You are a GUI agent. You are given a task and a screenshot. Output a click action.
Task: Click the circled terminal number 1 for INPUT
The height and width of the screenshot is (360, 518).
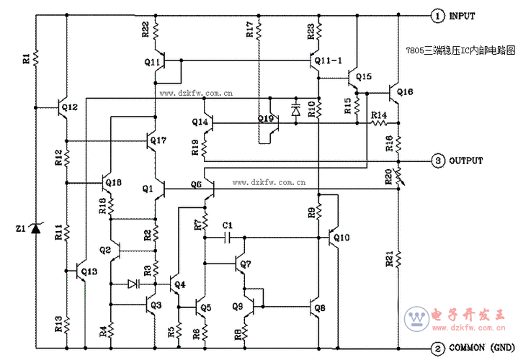pos(437,14)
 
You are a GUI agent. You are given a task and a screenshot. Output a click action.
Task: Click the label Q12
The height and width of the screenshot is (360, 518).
pos(70,106)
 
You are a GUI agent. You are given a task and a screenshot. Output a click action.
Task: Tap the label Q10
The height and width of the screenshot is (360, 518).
pos(341,238)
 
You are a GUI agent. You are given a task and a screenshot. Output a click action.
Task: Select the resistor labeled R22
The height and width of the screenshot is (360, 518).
pos(155,30)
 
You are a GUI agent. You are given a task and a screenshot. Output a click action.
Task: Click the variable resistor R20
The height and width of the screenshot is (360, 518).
pos(398,177)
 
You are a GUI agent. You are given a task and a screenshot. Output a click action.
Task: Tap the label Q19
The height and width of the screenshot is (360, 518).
pos(266,118)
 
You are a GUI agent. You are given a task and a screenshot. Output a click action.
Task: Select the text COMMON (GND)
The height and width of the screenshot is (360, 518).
pos(479,348)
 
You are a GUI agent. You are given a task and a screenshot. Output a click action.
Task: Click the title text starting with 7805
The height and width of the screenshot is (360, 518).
pos(461,51)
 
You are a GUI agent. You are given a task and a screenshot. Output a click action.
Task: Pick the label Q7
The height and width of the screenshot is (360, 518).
pos(246,264)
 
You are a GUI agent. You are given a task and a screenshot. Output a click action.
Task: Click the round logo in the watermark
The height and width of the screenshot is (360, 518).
pos(416,318)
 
